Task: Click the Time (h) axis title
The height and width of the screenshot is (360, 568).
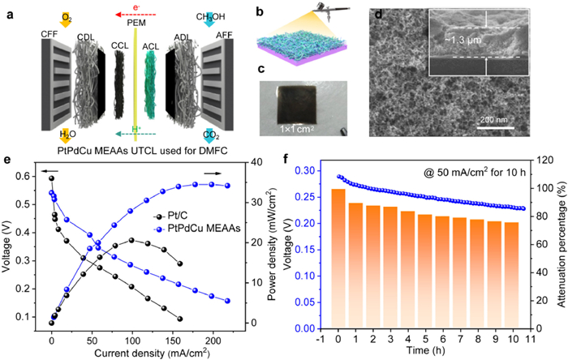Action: [x=413, y=354]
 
